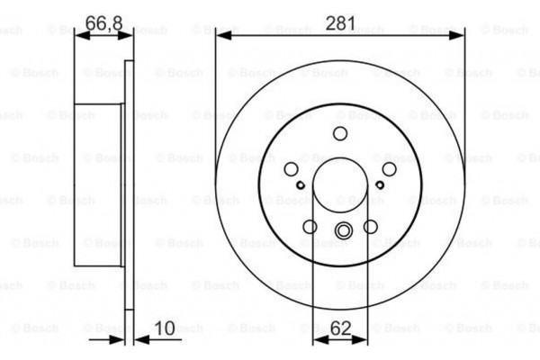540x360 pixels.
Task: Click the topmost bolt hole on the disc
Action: click(340, 134)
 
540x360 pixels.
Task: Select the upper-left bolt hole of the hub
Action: click(291, 169)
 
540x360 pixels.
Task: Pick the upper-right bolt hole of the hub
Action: click(390, 169)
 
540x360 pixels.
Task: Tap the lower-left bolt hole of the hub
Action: click(310, 228)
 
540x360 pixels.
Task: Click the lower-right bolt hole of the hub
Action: click(371, 228)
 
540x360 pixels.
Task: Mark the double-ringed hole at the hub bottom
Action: click(340, 232)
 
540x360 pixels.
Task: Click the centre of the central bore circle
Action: click(340, 188)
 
